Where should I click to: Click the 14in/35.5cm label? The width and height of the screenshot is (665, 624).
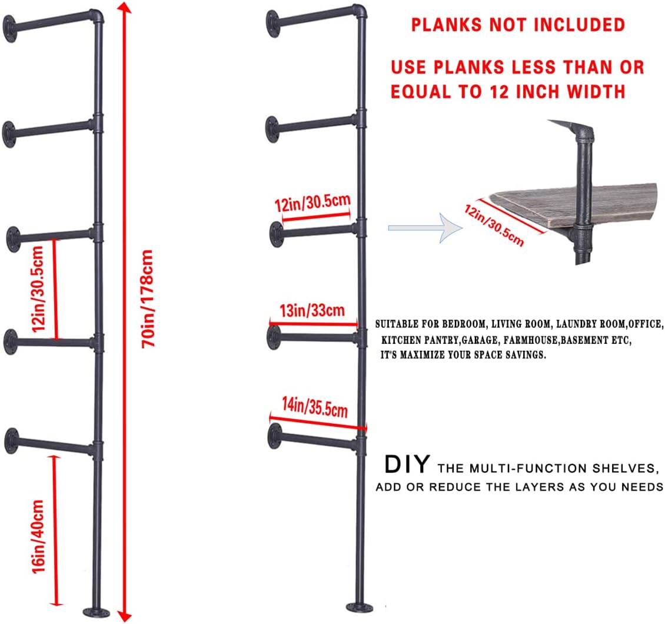tap(315, 407)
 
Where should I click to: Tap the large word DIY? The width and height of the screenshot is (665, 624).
tap(407, 464)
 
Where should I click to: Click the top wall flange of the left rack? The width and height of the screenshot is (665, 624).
tap(10, 26)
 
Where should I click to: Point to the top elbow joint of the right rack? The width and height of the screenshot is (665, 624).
tap(360, 12)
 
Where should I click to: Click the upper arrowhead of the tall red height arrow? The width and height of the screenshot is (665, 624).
tap(123, 9)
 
